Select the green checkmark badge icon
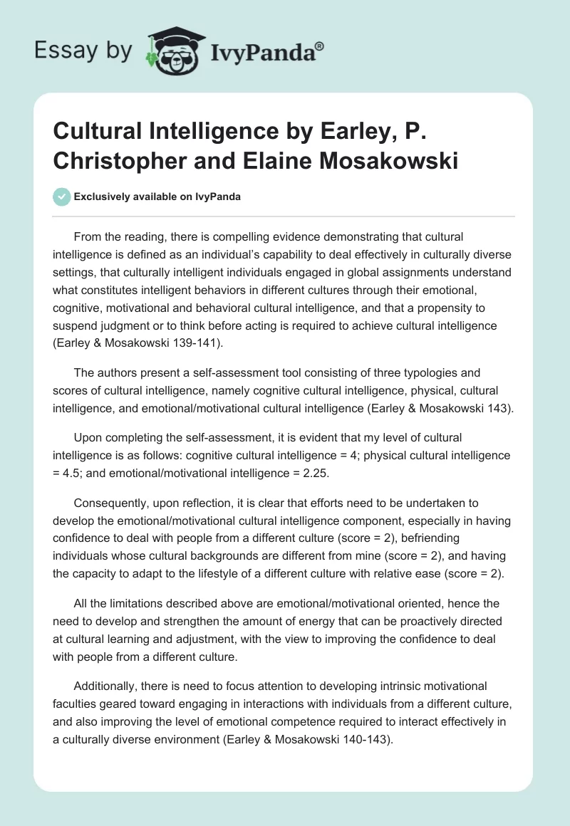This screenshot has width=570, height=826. tap(61, 197)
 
